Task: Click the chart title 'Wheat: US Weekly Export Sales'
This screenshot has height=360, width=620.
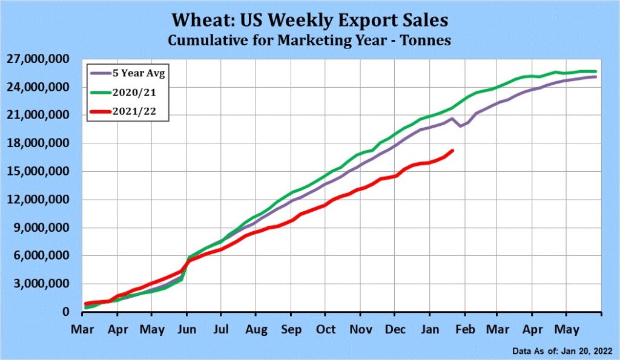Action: [x=309, y=20]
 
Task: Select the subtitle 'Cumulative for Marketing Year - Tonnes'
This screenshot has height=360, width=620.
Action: [x=309, y=40]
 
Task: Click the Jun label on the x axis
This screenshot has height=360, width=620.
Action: [x=186, y=330]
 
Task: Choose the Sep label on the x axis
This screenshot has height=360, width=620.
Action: [x=291, y=330]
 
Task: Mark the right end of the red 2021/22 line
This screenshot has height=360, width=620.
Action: [x=453, y=150]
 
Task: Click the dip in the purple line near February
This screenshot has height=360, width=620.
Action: [x=460, y=126]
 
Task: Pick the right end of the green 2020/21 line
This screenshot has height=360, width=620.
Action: [x=596, y=71]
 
